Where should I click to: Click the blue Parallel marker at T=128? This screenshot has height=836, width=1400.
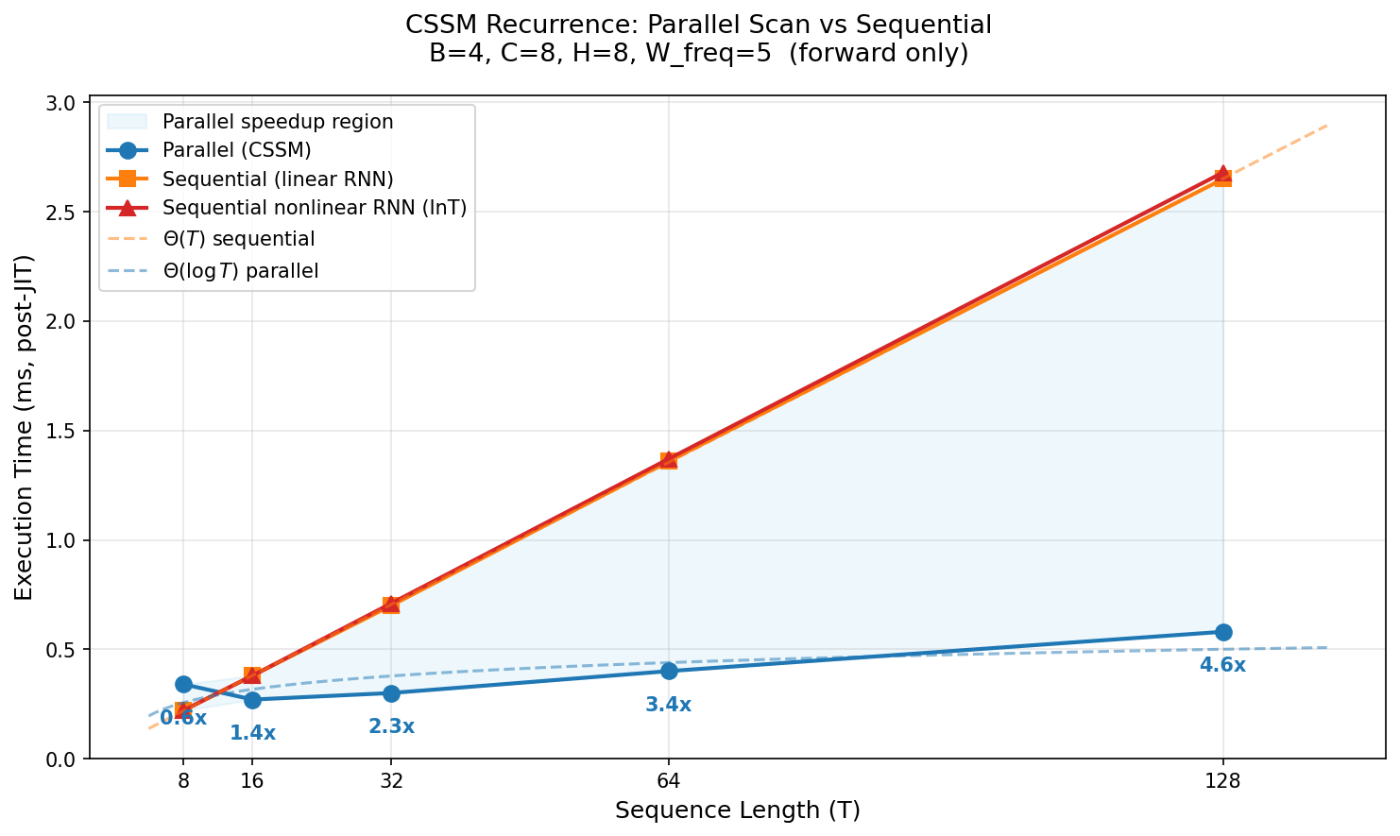tap(1222, 632)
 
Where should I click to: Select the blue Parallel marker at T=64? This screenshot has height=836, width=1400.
tap(669, 671)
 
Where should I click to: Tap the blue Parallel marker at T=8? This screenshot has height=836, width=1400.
tap(183, 684)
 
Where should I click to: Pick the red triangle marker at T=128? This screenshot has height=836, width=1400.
tap(1222, 174)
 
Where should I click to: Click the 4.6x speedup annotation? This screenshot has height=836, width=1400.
tap(1222, 665)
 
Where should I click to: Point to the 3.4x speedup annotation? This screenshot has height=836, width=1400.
tap(669, 705)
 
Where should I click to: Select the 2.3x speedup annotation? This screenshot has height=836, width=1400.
tap(391, 726)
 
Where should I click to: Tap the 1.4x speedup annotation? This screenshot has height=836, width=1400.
tap(252, 733)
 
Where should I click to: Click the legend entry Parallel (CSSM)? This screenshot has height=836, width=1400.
tap(236, 149)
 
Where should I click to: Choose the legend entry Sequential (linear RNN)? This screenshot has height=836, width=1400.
tap(278, 179)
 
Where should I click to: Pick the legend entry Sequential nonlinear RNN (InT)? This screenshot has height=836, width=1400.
tap(315, 209)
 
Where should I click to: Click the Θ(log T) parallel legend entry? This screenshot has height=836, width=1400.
tap(240, 271)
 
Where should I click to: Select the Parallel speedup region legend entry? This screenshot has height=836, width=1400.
tap(278, 121)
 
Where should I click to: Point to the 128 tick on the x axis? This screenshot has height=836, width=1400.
tap(1222, 780)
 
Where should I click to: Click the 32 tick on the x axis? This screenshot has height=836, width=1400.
tap(391, 780)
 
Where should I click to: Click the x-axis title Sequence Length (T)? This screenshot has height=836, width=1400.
tap(737, 810)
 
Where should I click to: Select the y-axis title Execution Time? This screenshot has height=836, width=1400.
tap(25, 427)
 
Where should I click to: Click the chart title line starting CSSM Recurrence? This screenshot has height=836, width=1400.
tap(699, 25)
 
